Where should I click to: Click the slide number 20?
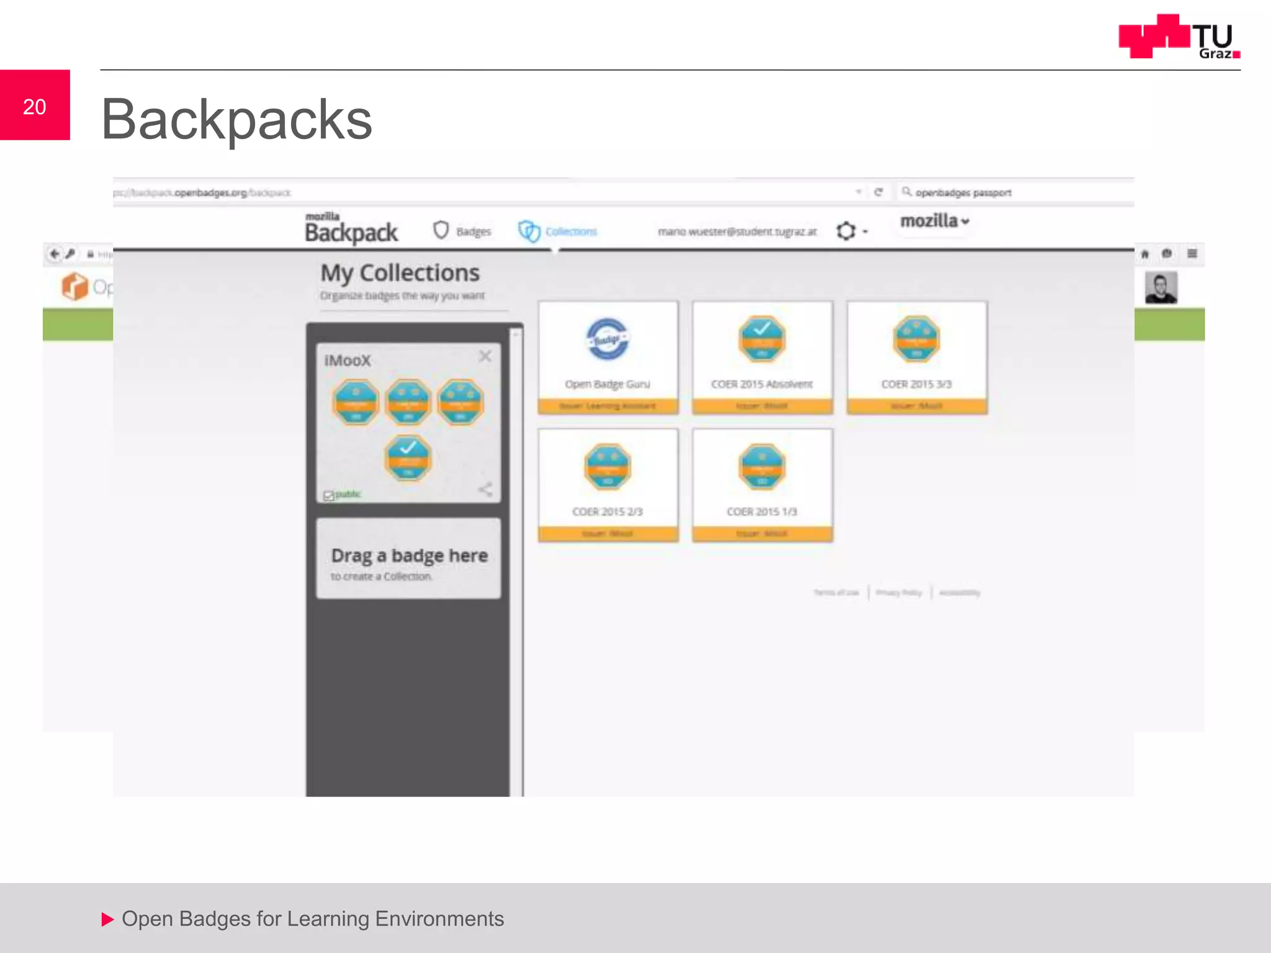coord(35,107)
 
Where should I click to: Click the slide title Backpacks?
coord(236,119)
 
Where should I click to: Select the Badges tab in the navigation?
coord(462,231)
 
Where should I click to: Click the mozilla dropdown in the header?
coord(934,221)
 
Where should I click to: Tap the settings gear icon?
coord(847,231)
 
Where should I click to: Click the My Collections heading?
coord(400,273)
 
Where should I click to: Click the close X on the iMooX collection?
coord(485,356)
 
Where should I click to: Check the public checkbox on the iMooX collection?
coord(329,495)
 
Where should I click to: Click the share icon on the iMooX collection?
coord(485,490)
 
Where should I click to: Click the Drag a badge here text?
coord(409,555)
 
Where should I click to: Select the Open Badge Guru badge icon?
coord(608,339)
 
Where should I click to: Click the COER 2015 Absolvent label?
coord(761,384)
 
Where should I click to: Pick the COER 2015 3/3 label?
coord(916,384)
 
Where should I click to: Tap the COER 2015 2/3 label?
coord(607,512)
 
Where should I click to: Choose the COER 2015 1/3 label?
coord(761,512)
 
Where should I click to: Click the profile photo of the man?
coord(1161,288)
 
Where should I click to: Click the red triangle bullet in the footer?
coord(107,919)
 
